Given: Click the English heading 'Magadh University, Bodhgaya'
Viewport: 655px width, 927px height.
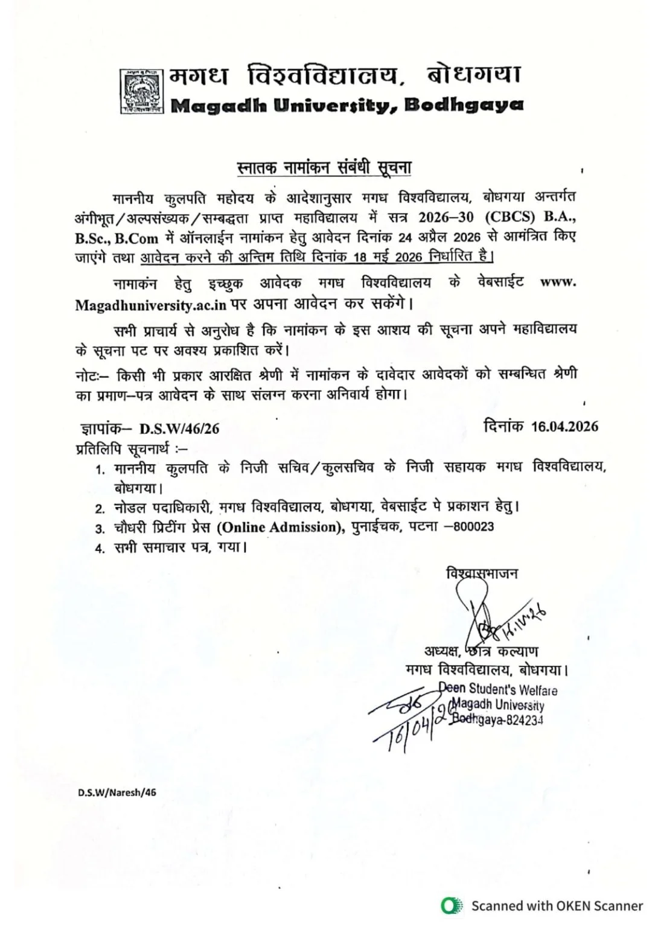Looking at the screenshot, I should click(x=347, y=105).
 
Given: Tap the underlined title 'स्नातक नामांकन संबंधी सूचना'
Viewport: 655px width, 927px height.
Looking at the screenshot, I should click(x=323, y=167).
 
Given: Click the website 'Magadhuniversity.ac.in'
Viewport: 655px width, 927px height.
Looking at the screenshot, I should click(x=150, y=305).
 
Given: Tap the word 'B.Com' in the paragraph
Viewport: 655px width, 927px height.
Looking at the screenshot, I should click(x=136, y=238).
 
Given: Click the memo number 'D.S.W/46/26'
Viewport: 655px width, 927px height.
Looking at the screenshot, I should click(x=179, y=428).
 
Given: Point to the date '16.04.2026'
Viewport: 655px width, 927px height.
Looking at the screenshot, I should click(x=564, y=427).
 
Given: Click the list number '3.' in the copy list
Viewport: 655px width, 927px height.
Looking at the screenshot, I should click(x=100, y=529).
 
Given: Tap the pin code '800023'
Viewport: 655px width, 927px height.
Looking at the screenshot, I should click(x=473, y=527).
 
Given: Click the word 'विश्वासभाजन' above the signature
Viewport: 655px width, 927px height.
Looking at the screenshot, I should click(x=481, y=573).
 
